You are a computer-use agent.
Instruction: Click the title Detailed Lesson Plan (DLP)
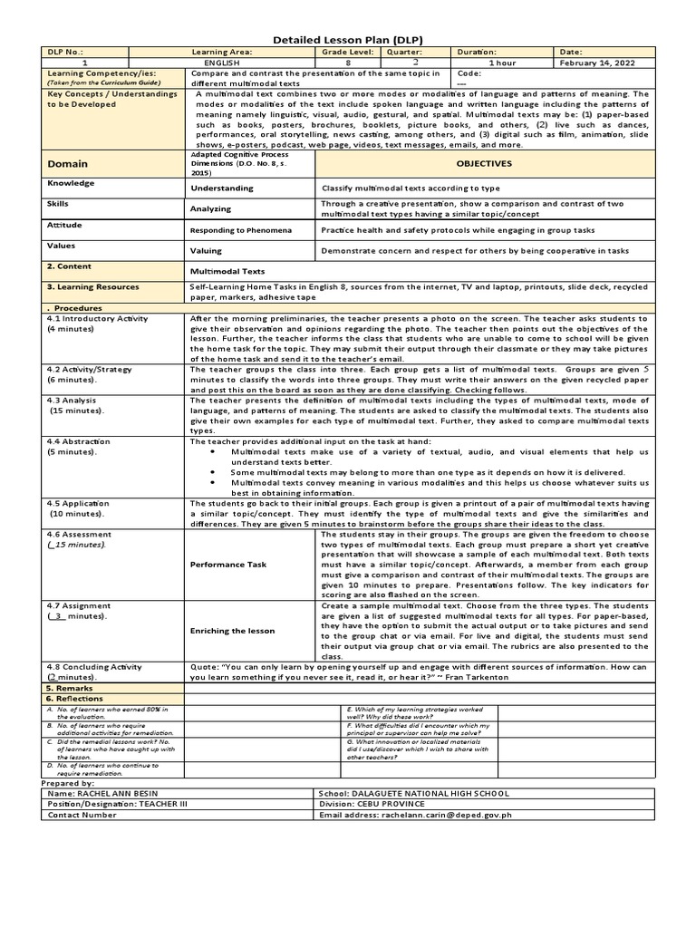pos(348,40)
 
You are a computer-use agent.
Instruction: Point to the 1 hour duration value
pos(503,63)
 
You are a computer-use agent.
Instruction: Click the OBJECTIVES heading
pos(484,164)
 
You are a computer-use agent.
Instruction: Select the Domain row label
pos(68,164)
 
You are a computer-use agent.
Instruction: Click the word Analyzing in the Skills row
pos(210,208)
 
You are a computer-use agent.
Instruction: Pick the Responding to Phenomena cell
pos(240,230)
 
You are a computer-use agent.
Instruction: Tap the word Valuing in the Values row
pos(206,251)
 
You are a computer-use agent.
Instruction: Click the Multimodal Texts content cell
pos(227,271)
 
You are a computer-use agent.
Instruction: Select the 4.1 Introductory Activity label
pos(97,319)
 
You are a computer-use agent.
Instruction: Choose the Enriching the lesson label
pos(233,630)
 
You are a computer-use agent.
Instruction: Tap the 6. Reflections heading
pos(75,699)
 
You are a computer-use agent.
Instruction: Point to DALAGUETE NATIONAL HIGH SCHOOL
pos(449,793)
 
